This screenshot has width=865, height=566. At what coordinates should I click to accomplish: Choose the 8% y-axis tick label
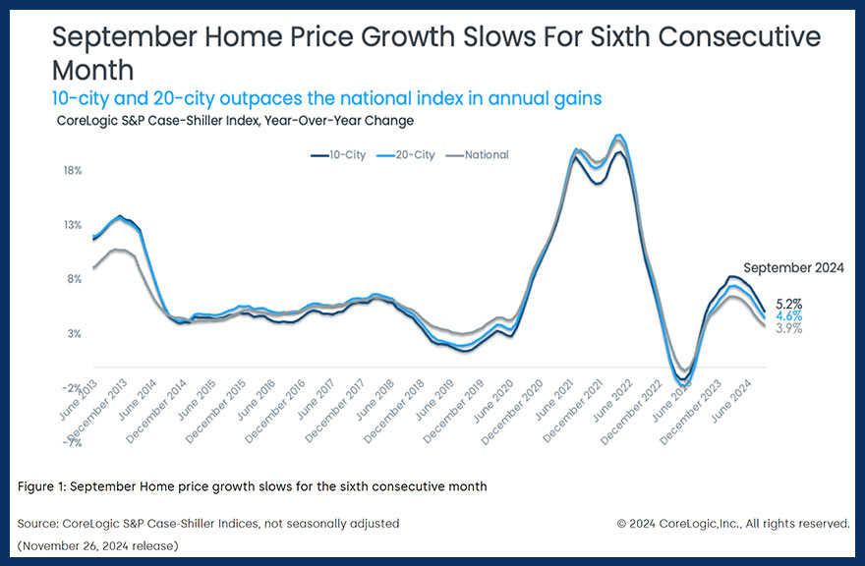(74, 279)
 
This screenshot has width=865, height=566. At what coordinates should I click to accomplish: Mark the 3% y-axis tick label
(74, 334)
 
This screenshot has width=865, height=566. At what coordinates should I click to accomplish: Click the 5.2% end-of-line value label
(789, 305)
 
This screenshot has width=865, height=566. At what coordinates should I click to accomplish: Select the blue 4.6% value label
(789, 316)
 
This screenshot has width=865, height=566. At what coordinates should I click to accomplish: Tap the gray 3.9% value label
(789, 328)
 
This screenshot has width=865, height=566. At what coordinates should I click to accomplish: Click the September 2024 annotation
(793, 267)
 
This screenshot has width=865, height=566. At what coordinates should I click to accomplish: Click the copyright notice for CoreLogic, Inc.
(732, 524)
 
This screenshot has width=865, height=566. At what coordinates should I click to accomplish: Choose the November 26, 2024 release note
(97, 545)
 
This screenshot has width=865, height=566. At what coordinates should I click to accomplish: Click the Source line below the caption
(208, 524)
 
